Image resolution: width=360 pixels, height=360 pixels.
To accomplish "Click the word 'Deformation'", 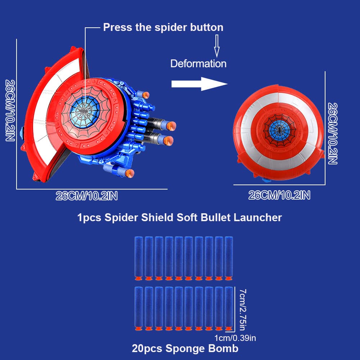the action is click(x=199, y=64).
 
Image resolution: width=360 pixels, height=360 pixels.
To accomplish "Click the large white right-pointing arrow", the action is click(x=199, y=84).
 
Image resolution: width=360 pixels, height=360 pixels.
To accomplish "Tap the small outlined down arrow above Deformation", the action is click(x=217, y=46).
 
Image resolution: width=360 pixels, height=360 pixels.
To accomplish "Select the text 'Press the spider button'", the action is click(x=163, y=27).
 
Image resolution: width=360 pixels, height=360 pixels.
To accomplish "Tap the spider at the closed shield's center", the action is click(x=279, y=130).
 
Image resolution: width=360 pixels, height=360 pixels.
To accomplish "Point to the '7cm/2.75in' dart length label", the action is click(x=242, y=310).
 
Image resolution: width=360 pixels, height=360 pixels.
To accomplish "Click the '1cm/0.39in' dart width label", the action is click(x=235, y=338).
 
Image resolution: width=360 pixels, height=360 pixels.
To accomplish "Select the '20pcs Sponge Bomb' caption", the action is click(x=185, y=348).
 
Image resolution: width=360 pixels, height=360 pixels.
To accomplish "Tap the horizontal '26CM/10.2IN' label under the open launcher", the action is click(x=87, y=196).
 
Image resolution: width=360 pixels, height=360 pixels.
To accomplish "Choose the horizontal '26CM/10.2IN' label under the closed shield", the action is click(x=279, y=195).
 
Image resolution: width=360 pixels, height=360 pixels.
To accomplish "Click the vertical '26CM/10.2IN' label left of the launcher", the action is click(x=10, y=110).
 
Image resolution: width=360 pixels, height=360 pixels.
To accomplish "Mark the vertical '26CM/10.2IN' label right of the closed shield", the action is click(x=333, y=134).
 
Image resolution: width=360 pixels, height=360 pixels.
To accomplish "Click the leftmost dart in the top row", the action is click(x=139, y=258).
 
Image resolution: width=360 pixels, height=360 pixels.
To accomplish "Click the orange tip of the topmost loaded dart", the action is click(x=146, y=95).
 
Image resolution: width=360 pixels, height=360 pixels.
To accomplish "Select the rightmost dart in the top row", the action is click(x=229, y=258).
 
